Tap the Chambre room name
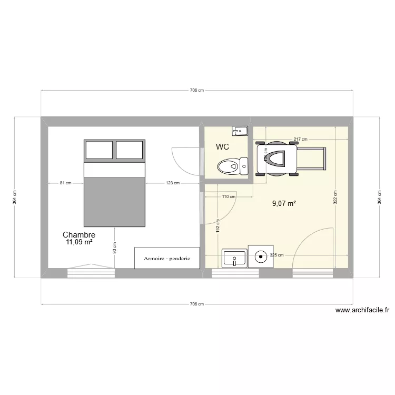(78, 235)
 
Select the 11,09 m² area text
(80, 242)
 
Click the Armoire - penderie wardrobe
(167, 259)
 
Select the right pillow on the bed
(130, 150)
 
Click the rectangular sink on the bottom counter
(234, 258)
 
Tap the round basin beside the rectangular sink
(261, 257)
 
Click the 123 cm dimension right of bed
(172, 183)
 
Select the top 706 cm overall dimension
(197, 91)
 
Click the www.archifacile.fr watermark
(362, 311)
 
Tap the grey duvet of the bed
(114, 202)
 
